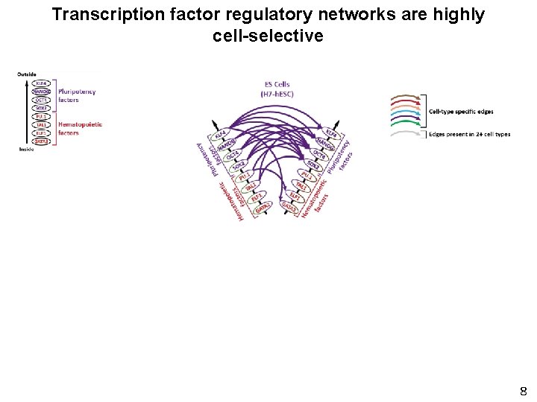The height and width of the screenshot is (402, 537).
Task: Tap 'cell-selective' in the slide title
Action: tap(268, 35)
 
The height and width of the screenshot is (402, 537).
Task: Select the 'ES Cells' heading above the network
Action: tap(277, 85)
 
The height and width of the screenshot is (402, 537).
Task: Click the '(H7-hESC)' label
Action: tap(277, 93)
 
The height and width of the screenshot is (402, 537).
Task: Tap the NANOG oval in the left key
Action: tap(42, 92)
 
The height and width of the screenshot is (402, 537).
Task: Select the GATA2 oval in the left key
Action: tap(42, 141)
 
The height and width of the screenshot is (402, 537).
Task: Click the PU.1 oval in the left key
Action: tap(42, 116)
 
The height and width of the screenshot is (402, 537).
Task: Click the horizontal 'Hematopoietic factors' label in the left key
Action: tap(79, 128)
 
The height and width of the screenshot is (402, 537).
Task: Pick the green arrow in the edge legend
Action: tap(404, 123)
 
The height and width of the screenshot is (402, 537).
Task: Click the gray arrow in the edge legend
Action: tap(404, 134)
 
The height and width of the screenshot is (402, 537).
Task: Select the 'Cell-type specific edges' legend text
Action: tap(461, 112)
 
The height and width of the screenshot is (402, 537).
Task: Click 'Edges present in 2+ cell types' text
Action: tap(469, 134)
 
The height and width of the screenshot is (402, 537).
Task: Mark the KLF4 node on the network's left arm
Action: tap(220, 136)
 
